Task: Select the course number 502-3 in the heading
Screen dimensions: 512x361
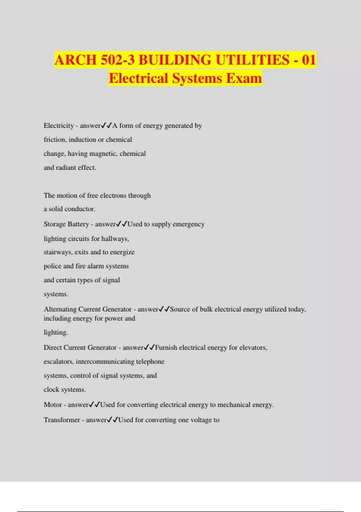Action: (x=118, y=60)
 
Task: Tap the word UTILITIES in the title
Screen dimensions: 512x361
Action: (x=252, y=60)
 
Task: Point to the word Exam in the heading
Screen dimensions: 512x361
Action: (x=244, y=78)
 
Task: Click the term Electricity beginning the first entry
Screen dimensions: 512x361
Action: (x=59, y=126)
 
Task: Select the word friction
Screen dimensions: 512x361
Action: (x=54, y=139)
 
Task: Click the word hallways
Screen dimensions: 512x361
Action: (x=115, y=239)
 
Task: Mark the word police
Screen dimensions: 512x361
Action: (x=52, y=266)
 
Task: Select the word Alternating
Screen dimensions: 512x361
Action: (x=60, y=309)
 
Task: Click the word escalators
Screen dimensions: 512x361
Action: (x=59, y=361)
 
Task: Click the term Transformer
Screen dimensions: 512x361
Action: (x=62, y=420)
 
